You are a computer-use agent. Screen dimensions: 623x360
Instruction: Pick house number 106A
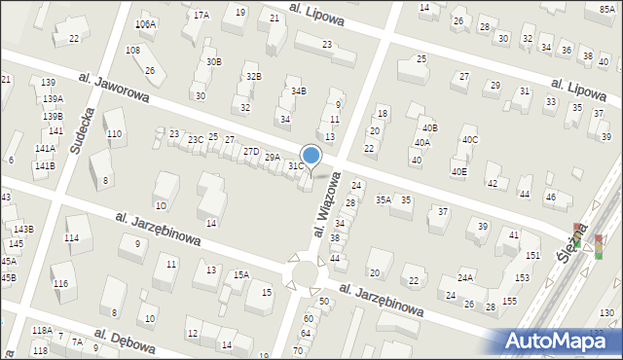[145, 24]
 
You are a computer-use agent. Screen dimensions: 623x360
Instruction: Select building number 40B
[429, 127]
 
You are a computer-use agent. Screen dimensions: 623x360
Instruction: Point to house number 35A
[384, 199]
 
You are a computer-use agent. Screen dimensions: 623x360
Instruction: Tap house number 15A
[241, 275]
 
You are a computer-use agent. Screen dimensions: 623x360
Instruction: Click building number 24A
[465, 277]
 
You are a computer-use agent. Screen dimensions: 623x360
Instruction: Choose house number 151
[532, 255]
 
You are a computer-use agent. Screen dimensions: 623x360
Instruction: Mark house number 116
[60, 283]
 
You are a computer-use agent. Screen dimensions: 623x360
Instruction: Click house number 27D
[251, 151]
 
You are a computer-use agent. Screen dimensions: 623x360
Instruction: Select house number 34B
[299, 91]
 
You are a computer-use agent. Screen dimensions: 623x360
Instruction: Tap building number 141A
[45, 149]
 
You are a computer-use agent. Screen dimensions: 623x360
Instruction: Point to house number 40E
[458, 172]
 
